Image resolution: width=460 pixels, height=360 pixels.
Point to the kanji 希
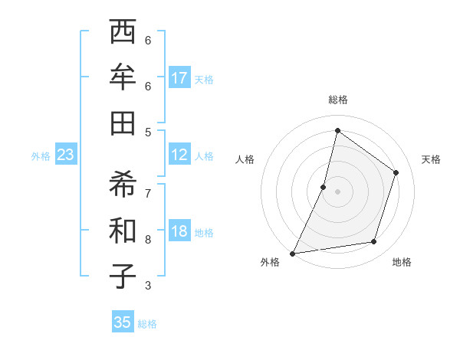pyautogui.click(x=123, y=185)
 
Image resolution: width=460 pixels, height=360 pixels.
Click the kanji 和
pyautogui.click(x=123, y=230)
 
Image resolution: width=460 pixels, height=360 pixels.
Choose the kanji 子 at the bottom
pyautogui.click(x=123, y=275)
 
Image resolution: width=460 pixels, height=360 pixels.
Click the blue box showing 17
pyautogui.click(x=179, y=78)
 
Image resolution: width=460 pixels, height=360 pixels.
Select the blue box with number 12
pyautogui.click(x=179, y=155)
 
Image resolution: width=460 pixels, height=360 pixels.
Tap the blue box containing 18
pyautogui.click(x=179, y=231)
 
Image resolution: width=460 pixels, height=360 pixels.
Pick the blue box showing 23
pyautogui.click(x=66, y=155)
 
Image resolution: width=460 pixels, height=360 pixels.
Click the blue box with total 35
pyautogui.click(x=123, y=322)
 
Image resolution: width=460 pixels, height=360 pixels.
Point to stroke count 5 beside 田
pyautogui.click(x=148, y=131)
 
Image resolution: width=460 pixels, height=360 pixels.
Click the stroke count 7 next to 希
pyautogui.click(x=148, y=193)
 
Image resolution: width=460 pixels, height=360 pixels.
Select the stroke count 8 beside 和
pyautogui.click(x=148, y=239)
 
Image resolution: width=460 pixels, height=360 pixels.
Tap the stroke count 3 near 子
pyautogui.click(x=148, y=286)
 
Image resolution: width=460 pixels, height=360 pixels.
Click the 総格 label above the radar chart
pyautogui.click(x=337, y=100)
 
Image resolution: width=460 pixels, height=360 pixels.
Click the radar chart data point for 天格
pyautogui.click(x=396, y=172)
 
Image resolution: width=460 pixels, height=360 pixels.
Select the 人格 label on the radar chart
pyautogui.click(x=245, y=159)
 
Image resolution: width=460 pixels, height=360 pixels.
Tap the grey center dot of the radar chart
pyautogui.click(x=337, y=191)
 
